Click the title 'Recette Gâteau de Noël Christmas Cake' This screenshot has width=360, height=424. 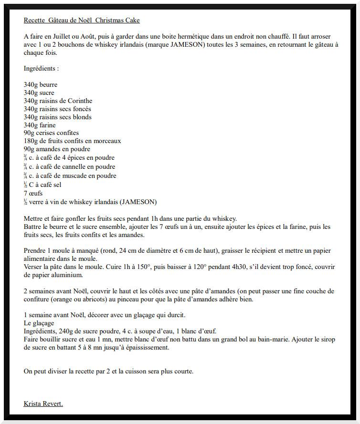pos(82,20)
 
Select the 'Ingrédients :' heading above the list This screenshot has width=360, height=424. pos(41,68)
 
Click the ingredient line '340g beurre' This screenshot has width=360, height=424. pos(41,85)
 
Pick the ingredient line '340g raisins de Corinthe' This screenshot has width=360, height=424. pos(58,101)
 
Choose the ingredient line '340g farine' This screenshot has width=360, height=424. pos(40,125)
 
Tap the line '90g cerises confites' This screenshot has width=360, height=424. pos(51,133)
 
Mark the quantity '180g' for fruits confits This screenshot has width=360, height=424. pos(31,141)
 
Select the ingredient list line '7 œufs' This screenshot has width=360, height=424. pos(33,193)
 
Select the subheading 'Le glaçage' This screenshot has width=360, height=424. pos(40,323)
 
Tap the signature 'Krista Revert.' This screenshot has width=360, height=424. pos(43,404)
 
